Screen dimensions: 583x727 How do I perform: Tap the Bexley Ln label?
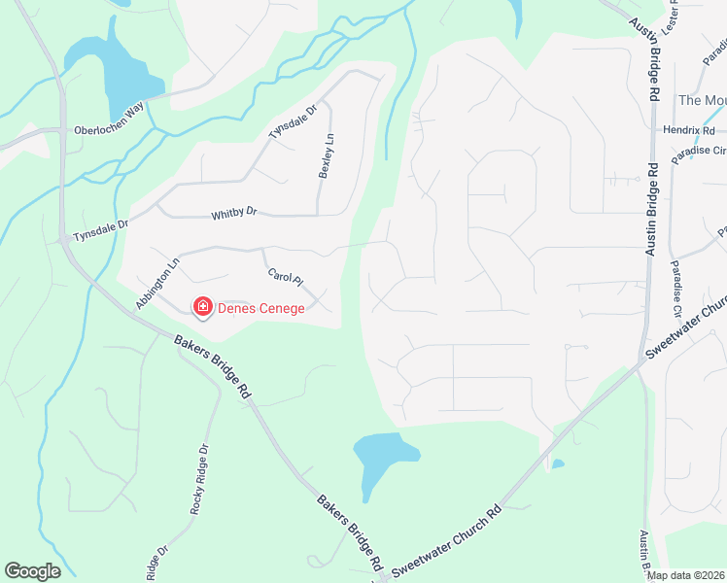pyautogui.click(x=327, y=155)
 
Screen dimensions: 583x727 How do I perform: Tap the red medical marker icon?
pyautogui.click(x=203, y=308)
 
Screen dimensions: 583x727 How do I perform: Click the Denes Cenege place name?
pyautogui.click(x=260, y=309)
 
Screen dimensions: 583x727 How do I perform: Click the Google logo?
pyautogui.click(x=32, y=571)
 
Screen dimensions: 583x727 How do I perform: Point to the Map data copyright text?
pyautogui.click(x=684, y=575)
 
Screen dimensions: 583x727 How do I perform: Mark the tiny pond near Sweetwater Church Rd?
pyautogui.click(x=557, y=463)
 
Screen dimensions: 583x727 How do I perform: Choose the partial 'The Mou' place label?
pyautogui.click(x=702, y=100)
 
